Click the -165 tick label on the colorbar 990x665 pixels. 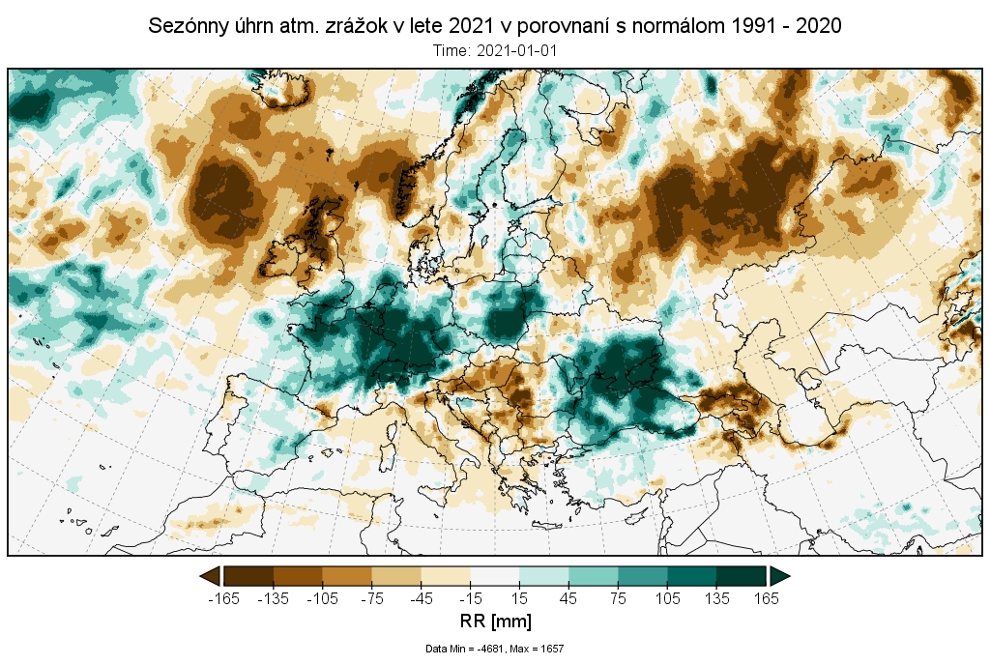tap(223, 598)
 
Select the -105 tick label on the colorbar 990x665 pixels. tap(322, 598)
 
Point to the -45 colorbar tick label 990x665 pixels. tap(421, 598)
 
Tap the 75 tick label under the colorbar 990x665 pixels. tap(617, 598)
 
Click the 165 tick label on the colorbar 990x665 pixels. tap(766, 598)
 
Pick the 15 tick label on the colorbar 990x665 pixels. tap(519, 598)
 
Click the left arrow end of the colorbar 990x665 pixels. tap(210, 576)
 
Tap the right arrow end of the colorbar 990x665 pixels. tap(780, 576)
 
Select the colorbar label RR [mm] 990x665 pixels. tap(494, 620)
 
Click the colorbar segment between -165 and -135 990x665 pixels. tap(248, 576)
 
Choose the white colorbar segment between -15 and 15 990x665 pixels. tap(494, 576)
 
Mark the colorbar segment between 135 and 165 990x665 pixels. tap(741, 576)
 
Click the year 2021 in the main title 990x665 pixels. tap(471, 27)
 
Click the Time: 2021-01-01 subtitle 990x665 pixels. tap(494, 50)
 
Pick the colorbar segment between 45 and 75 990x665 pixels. tap(593, 576)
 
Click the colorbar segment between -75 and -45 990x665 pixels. tap(396, 576)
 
